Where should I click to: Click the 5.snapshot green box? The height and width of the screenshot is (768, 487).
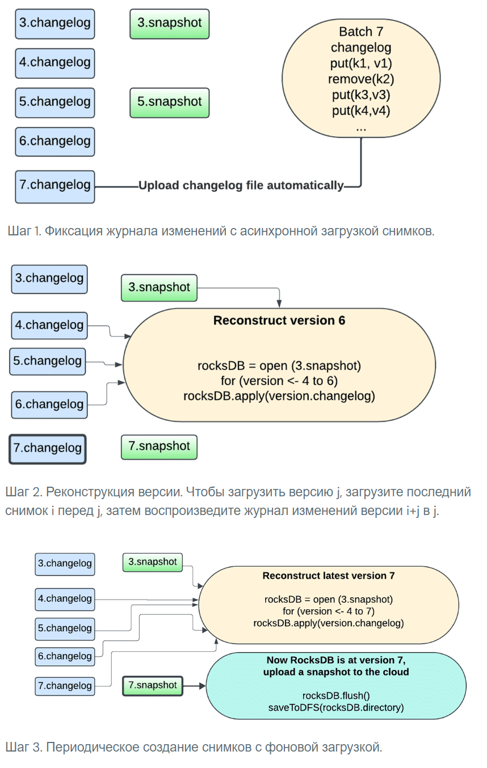coord(169,102)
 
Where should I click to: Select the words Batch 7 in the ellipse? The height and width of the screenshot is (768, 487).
coord(361,32)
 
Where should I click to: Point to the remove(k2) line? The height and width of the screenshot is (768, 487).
coord(361,79)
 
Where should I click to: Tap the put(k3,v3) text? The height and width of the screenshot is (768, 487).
coord(361,94)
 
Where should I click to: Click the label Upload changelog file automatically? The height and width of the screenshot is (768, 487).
coord(241,185)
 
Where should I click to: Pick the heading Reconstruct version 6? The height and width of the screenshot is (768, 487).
coord(279,321)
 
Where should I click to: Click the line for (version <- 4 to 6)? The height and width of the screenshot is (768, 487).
coord(279,381)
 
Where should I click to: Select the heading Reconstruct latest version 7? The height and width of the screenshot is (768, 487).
coord(328,576)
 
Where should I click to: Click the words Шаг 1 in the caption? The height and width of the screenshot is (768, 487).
coord(23,231)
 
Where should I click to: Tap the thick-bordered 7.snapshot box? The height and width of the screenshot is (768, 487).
coord(153,686)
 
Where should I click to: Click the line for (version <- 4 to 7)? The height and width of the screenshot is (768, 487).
coord(328,611)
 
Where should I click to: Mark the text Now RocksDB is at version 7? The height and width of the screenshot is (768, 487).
coord(336,661)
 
